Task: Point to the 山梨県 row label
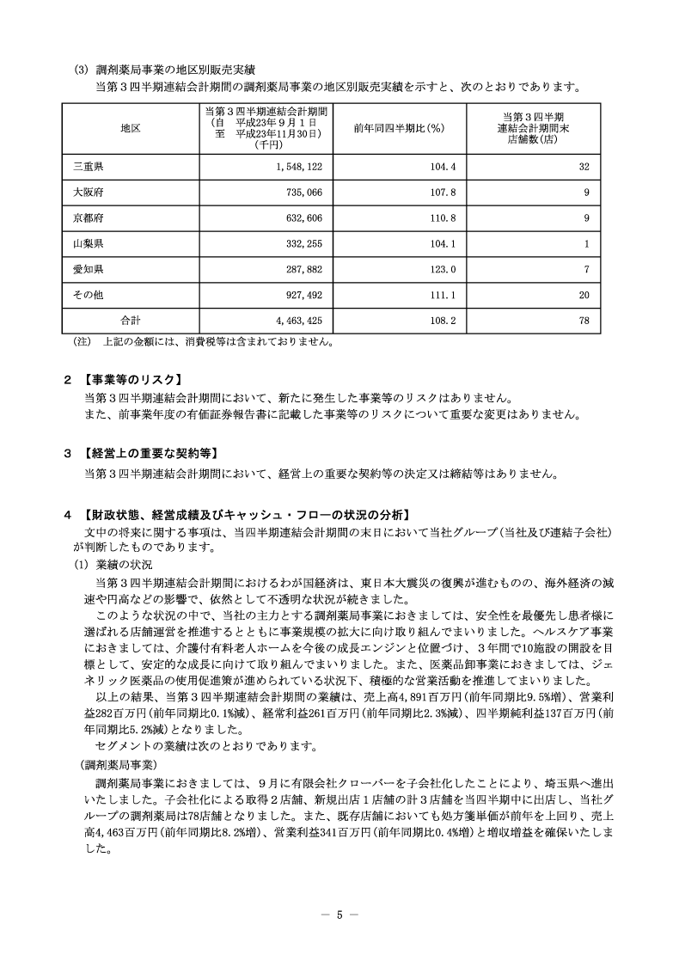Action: [x=89, y=244]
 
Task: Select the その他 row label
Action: [x=89, y=295]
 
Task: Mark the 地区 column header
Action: [x=131, y=128]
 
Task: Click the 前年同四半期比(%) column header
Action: [x=398, y=128]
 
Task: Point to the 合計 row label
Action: [x=131, y=320]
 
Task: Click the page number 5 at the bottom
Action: [x=339, y=915]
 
